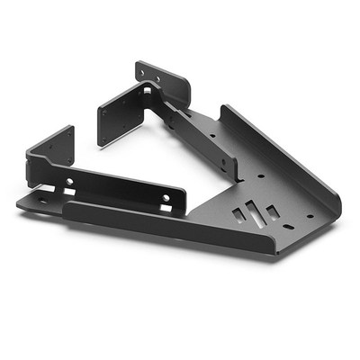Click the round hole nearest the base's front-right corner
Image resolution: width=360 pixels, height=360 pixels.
[x=310, y=216]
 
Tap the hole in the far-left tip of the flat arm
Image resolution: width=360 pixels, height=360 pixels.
[x=41, y=200]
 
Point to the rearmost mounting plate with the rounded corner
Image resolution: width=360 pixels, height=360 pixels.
[x=163, y=82]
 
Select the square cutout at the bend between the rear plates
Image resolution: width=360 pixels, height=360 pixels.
[x=149, y=92]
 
